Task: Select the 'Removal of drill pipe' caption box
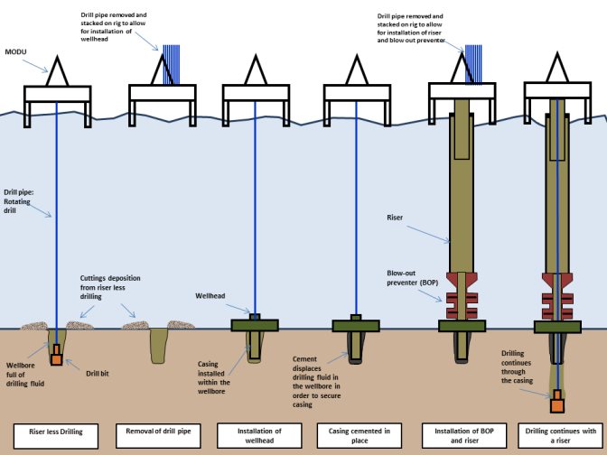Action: point(159,432)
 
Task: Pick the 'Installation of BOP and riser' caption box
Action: point(459,432)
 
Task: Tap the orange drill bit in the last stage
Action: point(557,396)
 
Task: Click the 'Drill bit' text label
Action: point(97,371)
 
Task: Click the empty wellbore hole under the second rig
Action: point(158,343)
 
